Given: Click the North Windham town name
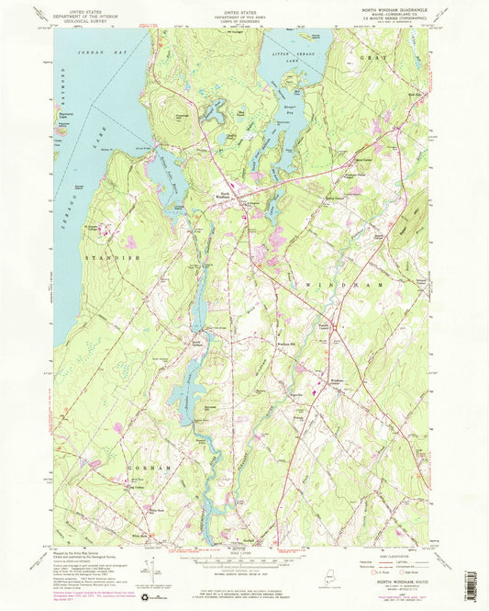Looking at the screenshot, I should tap(226, 194).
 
